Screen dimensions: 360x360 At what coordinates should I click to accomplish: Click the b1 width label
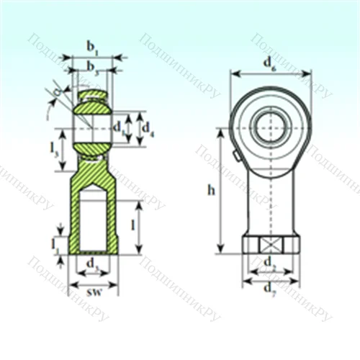tap(93, 46)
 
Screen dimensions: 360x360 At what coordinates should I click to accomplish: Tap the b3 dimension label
tap(93, 66)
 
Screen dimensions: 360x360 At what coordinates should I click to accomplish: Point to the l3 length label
tap(55, 149)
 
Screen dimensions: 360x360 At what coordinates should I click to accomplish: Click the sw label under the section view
tap(93, 294)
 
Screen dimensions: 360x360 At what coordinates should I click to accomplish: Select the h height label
tap(210, 191)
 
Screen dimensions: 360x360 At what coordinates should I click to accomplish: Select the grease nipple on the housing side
tap(236, 156)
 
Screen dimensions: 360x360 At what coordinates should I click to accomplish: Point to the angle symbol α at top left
tap(58, 91)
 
